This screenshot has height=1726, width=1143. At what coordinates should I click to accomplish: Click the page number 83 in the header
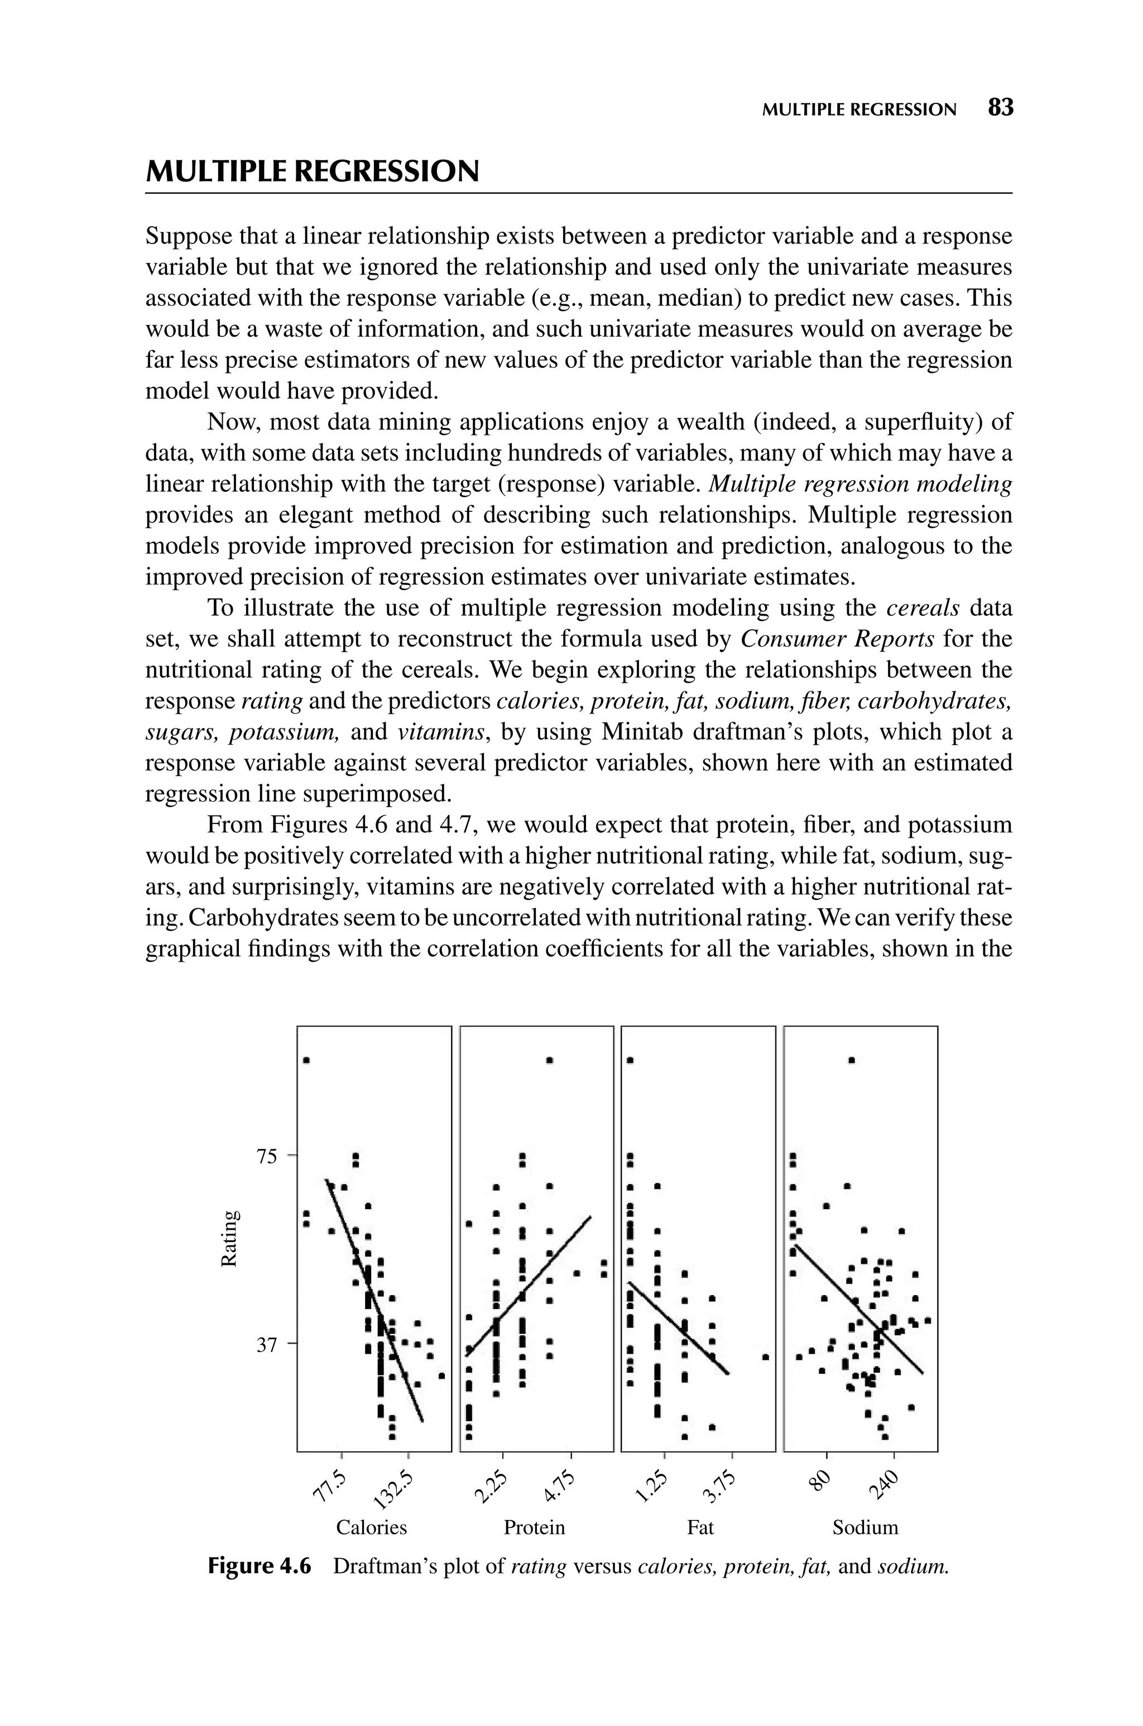[1000, 108]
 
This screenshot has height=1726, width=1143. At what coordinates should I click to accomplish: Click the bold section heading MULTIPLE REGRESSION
[313, 172]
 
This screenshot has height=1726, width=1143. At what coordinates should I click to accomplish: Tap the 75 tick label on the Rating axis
[267, 1156]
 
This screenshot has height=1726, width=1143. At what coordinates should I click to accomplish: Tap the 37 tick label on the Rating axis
[267, 1345]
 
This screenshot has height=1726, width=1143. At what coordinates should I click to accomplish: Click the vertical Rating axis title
[229, 1239]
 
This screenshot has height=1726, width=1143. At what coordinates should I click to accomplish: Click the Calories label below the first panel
[371, 1527]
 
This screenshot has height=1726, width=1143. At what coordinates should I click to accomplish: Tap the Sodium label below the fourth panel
[865, 1527]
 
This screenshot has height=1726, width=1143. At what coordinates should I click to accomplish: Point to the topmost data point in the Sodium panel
[852, 1060]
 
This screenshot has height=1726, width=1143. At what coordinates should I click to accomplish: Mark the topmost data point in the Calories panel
[307, 1061]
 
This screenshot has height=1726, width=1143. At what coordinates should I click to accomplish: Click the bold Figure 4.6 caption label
[259, 1566]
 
